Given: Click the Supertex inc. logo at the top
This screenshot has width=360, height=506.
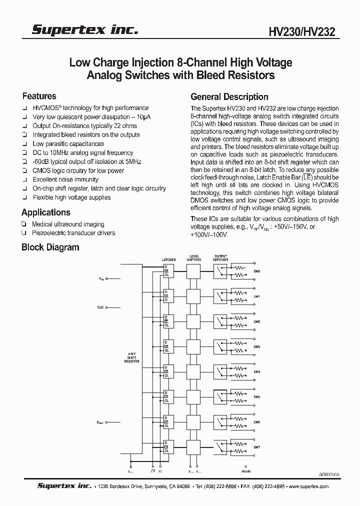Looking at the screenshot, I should (x=84, y=30).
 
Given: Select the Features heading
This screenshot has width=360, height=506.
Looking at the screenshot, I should (x=39, y=96).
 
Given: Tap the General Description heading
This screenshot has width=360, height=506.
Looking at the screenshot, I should (x=229, y=97).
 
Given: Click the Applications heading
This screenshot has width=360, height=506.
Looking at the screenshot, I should (x=45, y=212).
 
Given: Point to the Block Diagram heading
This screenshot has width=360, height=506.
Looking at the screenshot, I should (x=50, y=247).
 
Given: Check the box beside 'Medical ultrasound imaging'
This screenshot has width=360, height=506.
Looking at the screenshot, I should (x=24, y=224).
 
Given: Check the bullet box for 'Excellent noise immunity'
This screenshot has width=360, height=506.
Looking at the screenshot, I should (x=24, y=179).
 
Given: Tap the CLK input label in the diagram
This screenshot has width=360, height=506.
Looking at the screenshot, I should (x=100, y=307).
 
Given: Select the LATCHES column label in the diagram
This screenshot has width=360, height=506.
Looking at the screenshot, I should (x=168, y=259).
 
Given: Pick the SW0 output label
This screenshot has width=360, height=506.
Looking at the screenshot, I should (x=257, y=271).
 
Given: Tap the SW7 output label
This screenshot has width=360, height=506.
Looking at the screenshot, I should (x=257, y=447).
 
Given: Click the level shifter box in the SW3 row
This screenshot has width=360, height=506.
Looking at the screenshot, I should (x=193, y=346).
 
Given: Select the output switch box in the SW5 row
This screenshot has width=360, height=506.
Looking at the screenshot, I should (x=220, y=396).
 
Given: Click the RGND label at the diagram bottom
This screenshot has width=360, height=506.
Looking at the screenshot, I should (x=246, y=471).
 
